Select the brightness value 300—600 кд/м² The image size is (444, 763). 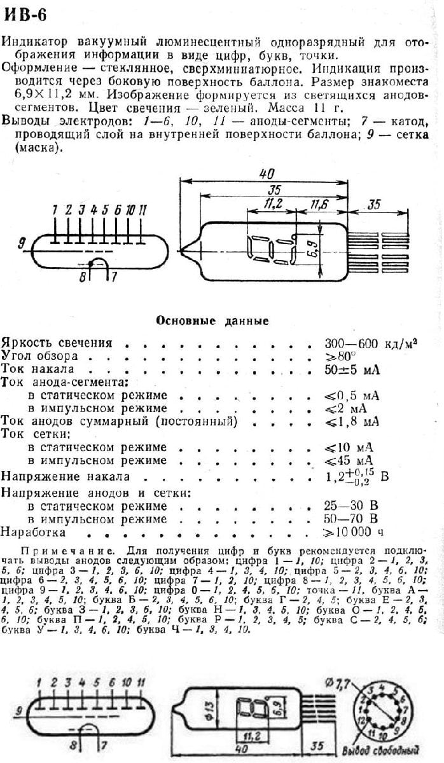[x=370, y=343]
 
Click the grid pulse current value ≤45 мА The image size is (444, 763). [x=349, y=460]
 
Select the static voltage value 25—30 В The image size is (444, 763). [x=352, y=506]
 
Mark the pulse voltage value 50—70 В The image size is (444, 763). [x=352, y=519]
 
